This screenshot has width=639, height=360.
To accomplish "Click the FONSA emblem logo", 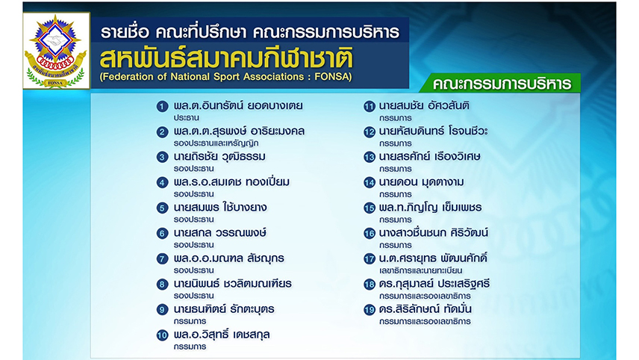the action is (56, 51).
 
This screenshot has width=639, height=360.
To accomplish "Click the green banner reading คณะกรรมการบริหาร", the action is (501, 83).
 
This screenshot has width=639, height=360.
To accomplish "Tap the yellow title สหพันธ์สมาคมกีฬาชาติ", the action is (226, 58).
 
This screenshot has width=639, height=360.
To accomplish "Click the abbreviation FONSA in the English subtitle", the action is (331, 77).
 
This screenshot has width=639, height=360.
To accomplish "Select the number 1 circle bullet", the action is (162, 107).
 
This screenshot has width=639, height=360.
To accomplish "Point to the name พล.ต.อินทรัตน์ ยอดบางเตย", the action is (238, 105).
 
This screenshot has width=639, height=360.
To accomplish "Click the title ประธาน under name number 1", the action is (186, 118).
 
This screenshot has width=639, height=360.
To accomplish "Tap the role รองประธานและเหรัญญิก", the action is (216, 143).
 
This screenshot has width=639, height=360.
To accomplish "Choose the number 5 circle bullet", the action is (162, 208).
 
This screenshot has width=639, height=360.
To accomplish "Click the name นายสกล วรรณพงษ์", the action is (220, 233).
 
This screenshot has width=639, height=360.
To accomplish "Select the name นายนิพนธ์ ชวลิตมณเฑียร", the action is (233, 283).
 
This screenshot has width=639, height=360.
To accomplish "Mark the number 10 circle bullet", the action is (162, 335).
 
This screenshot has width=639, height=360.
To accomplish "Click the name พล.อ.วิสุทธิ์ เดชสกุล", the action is (222, 335).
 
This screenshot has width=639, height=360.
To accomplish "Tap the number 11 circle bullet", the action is (370, 107).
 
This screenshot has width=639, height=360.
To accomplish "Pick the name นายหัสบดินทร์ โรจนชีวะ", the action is (433, 131).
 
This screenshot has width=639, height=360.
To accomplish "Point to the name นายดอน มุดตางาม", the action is (421, 182).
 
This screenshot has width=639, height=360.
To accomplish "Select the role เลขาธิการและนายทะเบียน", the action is (420, 270).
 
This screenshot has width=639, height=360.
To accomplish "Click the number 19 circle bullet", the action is (370, 310).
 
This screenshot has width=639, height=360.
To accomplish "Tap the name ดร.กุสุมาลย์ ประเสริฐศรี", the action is (434, 284).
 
